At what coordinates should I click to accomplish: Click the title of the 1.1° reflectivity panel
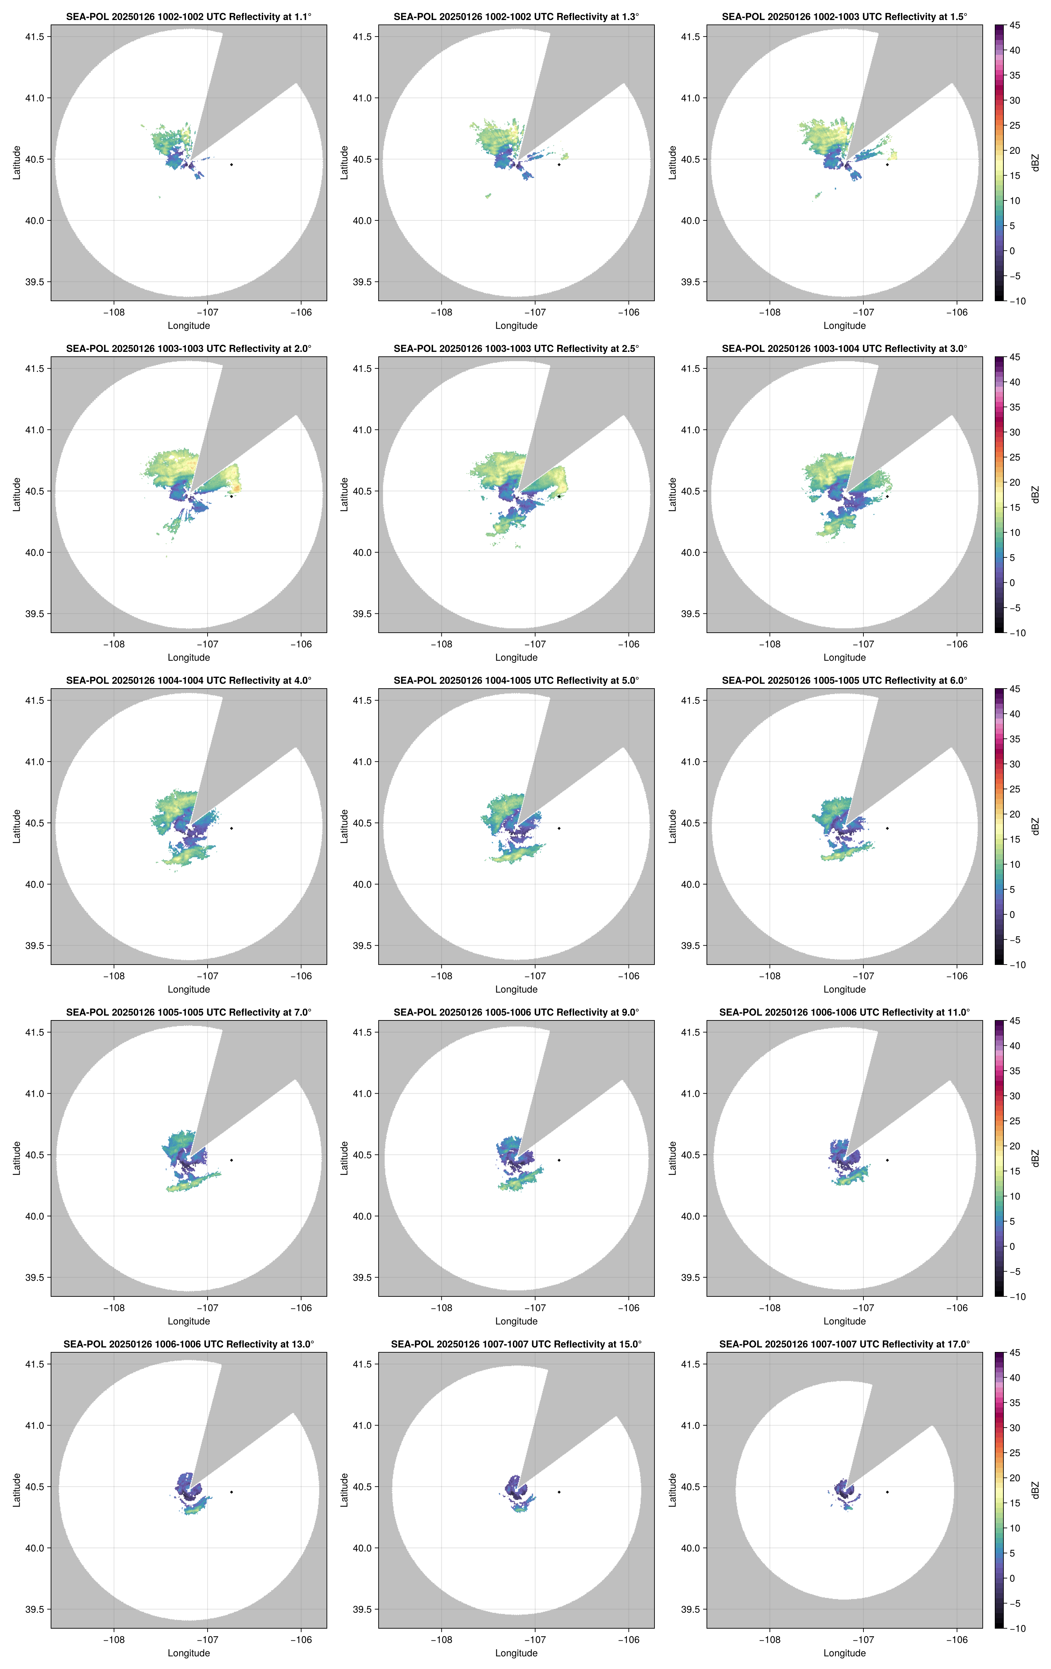pos(189,17)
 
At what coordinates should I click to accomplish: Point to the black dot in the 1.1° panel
pos(231,164)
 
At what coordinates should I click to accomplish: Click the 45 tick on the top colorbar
pos(1014,26)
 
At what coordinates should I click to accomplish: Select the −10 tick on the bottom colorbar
pos(1017,1628)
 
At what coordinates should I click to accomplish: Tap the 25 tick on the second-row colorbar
pos(1014,457)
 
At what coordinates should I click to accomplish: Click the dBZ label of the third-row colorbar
pos(1035,826)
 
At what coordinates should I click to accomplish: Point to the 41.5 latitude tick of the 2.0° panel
pos(34,369)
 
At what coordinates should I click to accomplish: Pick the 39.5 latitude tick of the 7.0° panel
pos(34,1277)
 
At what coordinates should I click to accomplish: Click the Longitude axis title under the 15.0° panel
pos(516,1653)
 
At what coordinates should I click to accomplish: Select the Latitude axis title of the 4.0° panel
pos(17,826)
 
